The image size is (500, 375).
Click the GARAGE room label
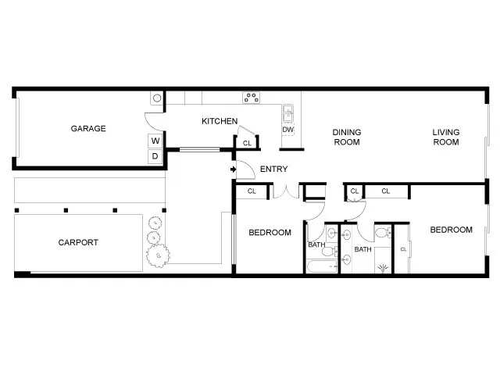coord(88,129)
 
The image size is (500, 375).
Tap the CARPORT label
coord(78,242)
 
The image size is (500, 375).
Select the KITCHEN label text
coord(220,121)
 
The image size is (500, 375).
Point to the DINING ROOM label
coord(346,137)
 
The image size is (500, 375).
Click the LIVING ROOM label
coord(446,137)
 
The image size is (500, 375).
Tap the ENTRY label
coord(273,170)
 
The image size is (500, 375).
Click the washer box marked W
coord(155,141)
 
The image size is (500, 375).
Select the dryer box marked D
coord(155,156)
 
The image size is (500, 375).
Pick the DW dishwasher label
coord(288,130)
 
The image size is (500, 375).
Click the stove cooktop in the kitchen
coord(252,98)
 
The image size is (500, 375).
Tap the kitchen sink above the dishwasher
coord(287,111)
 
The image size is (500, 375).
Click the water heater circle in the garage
coord(157,98)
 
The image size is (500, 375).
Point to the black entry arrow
coord(234,169)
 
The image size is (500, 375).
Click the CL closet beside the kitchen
coord(247,143)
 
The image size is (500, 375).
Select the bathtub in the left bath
coord(321,266)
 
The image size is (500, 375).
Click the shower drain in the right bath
coord(383,268)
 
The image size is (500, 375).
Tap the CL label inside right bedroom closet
coord(403,248)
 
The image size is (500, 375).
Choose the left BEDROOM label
coord(270,233)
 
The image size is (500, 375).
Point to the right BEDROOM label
coord(452,230)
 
